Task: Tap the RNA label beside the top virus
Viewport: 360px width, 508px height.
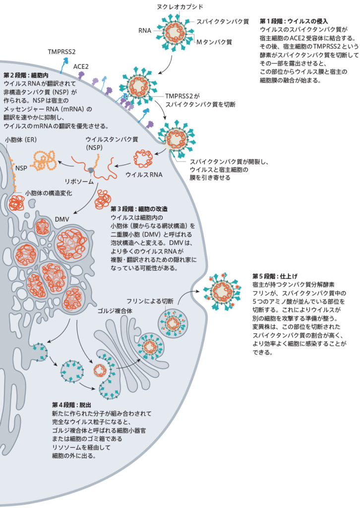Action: pos(145,30)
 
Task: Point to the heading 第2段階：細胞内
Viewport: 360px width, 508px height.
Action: pos(27,75)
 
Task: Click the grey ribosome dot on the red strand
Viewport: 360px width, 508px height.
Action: pos(92,163)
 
